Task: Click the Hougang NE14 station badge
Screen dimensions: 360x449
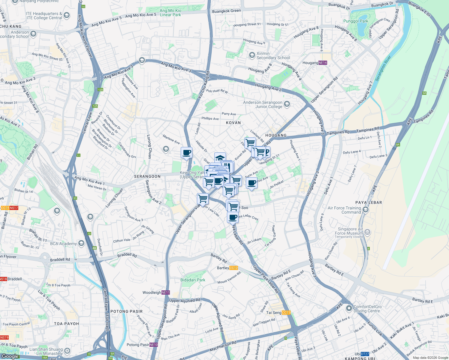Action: (x=323, y=63)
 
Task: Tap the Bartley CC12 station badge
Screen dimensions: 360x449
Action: (x=234, y=268)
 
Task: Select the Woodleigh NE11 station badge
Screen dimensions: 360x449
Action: (x=166, y=292)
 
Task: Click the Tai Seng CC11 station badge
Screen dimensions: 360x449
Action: (x=286, y=313)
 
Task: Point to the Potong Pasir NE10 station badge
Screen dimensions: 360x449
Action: (x=154, y=345)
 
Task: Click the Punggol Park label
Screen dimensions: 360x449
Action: (x=355, y=21)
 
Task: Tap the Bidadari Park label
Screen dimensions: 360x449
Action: (x=193, y=280)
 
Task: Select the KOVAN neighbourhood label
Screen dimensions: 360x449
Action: (x=233, y=123)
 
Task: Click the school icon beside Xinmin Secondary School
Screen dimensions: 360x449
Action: (x=252, y=55)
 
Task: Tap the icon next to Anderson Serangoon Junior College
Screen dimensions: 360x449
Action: (x=287, y=104)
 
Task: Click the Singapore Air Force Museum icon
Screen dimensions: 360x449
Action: (x=368, y=232)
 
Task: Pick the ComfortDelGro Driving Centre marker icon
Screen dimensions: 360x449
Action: (x=349, y=308)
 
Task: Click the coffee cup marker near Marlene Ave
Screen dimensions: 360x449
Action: (x=186, y=153)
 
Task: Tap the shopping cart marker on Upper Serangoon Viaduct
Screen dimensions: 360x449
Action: (x=203, y=199)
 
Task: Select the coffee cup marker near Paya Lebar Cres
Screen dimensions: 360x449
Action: (x=233, y=217)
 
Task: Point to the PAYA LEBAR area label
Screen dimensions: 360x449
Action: (x=369, y=202)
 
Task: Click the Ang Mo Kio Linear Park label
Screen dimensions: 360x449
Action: (x=170, y=13)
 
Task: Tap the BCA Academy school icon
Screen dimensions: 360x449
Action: (x=81, y=243)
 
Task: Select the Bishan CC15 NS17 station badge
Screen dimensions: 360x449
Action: (x=10, y=208)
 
